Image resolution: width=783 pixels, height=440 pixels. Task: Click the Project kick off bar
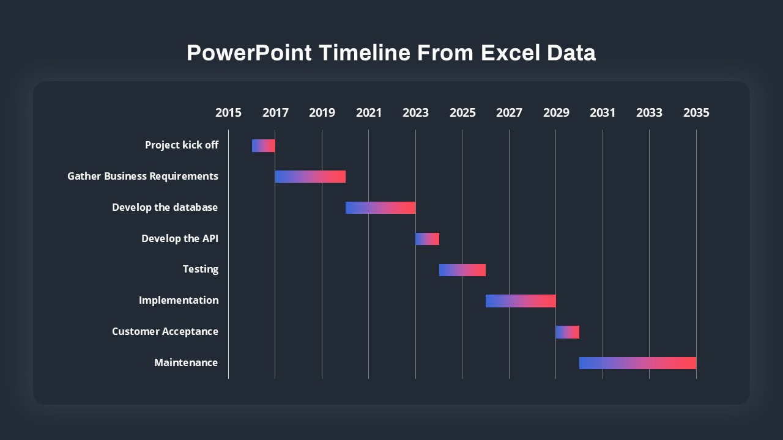(x=264, y=145)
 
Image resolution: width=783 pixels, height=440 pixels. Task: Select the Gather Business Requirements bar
(x=310, y=177)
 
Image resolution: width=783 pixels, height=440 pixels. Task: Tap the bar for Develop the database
(x=380, y=208)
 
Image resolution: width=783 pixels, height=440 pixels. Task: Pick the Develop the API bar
(x=427, y=239)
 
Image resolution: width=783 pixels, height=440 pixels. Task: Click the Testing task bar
(x=462, y=270)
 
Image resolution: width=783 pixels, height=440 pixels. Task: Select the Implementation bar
(x=521, y=301)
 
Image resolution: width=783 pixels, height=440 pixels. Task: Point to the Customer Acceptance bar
(x=567, y=332)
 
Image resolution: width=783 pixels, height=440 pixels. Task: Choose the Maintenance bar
(x=637, y=363)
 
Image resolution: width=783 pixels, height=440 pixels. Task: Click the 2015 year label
(x=228, y=113)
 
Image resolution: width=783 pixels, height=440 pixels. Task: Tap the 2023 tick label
(x=415, y=113)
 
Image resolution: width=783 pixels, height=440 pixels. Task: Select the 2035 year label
(x=696, y=113)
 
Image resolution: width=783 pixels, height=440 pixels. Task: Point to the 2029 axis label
(x=556, y=113)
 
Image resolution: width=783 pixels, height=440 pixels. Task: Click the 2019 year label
(x=322, y=113)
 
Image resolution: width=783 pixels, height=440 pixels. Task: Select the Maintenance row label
(x=186, y=363)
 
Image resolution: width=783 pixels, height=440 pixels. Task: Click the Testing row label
(x=201, y=269)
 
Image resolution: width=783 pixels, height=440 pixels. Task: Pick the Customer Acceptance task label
(x=165, y=332)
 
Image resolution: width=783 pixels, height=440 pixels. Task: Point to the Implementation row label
(x=179, y=301)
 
